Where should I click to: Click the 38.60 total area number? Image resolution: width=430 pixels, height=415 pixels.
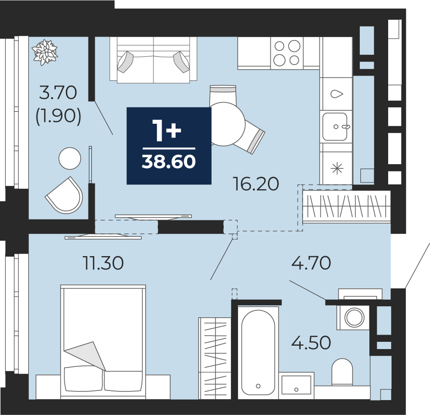pyautogui.click(x=169, y=161)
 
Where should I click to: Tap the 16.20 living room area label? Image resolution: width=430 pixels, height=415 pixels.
pyautogui.click(x=255, y=184)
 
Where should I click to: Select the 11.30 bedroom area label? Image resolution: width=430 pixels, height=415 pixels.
pyautogui.click(x=103, y=263)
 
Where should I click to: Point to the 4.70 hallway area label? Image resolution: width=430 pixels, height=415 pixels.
pyautogui.click(x=311, y=263)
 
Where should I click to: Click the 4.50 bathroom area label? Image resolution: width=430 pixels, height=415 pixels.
pyautogui.click(x=311, y=342)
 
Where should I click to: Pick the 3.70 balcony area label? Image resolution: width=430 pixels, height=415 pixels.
pyautogui.click(x=58, y=92)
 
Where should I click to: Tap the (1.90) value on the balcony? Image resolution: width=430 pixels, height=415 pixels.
pyautogui.click(x=58, y=116)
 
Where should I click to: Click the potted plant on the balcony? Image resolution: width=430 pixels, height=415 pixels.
pyautogui.click(x=45, y=52)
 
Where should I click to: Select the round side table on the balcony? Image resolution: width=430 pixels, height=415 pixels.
pyautogui.click(x=70, y=158)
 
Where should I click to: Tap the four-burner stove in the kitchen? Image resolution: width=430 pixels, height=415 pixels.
pyautogui.click(x=287, y=53)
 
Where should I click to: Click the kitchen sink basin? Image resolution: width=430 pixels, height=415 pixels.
pyautogui.click(x=335, y=127)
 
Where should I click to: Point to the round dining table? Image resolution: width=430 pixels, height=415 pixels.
pyautogui.click(x=224, y=124)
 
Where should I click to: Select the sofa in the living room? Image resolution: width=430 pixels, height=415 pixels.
pyautogui.click(x=153, y=60)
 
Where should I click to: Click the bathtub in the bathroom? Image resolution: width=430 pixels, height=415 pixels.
pyautogui.click(x=258, y=352)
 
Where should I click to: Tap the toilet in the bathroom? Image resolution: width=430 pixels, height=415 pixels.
pyautogui.click(x=342, y=372)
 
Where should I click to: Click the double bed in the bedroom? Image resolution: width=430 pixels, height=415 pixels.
pyautogui.click(x=103, y=342)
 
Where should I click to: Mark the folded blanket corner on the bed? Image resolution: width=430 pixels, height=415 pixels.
pyautogui.click(x=86, y=355)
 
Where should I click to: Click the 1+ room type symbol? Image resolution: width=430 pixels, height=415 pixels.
pyautogui.click(x=167, y=132)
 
